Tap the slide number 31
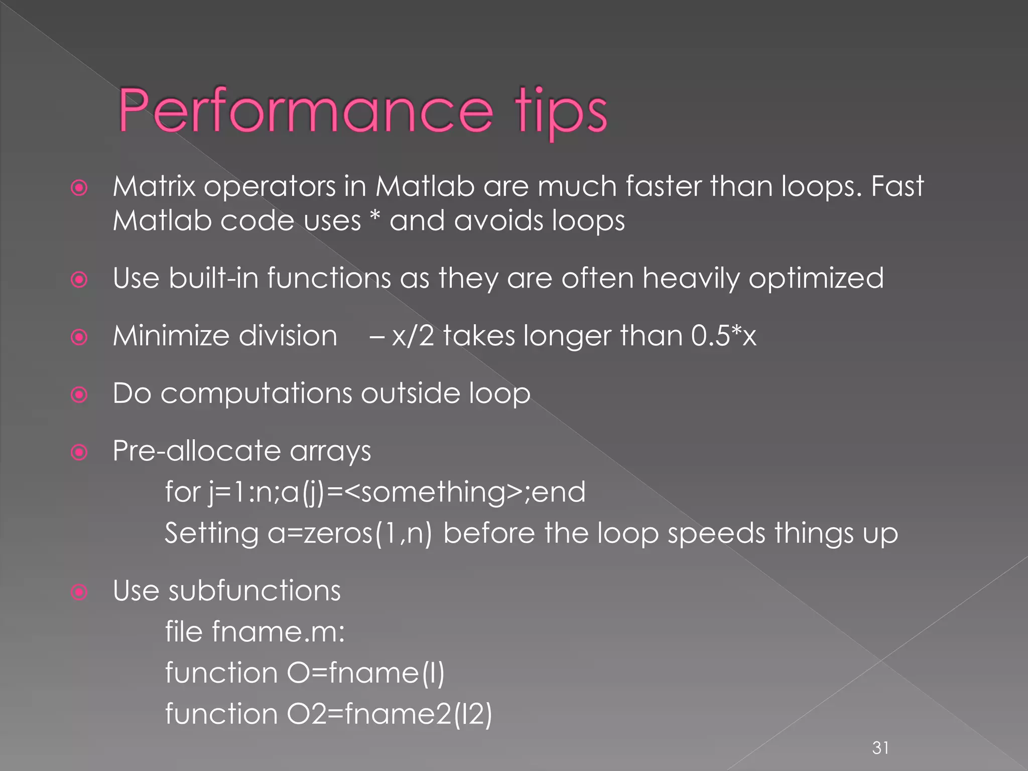[x=880, y=747]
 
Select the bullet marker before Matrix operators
[x=79, y=188]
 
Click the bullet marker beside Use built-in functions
[x=79, y=280]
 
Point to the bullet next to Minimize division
[x=79, y=337]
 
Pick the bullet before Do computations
[x=79, y=395]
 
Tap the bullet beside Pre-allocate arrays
[x=79, y=452]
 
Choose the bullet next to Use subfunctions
[x=79, y=592]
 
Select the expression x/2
[x=413, y=336]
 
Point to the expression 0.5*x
[x=723, y=335]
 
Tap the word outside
[x=410, y=393]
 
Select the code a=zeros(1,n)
[x=349, y=534]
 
